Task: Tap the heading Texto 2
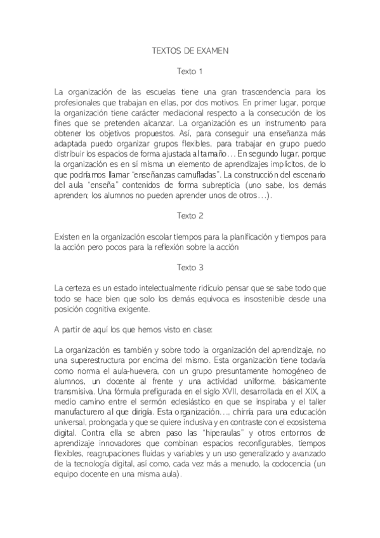190,216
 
